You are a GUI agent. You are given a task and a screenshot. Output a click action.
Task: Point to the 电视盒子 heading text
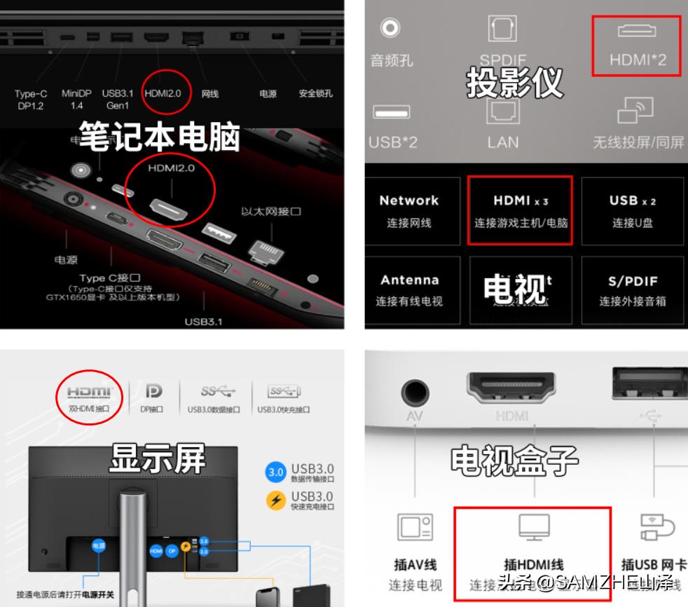(514, 461)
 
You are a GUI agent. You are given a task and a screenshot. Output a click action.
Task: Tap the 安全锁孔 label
(315, 93)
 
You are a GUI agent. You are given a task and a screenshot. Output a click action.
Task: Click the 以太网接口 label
(271, 212)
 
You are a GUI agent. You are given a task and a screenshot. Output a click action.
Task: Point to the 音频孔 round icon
(390, 27)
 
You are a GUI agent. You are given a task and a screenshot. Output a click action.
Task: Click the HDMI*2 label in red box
(637, 60)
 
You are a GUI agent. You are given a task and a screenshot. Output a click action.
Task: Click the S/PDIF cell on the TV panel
(632, 289)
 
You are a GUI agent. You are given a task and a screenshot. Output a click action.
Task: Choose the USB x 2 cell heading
(632, 200)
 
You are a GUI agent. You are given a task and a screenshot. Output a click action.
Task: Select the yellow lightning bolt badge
(275, 500)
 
